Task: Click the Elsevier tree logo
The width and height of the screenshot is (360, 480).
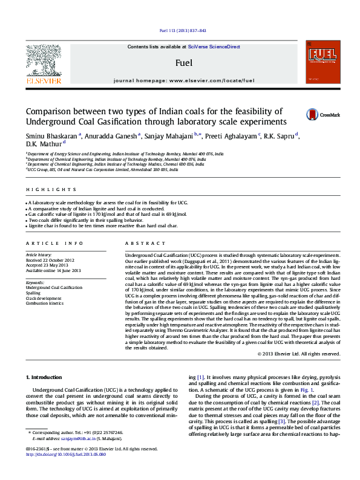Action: click(x=44, y=60)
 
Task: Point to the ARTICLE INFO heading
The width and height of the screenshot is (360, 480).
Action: click(x=54, y=243)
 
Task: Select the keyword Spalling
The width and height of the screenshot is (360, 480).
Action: click(x=35, y=293)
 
